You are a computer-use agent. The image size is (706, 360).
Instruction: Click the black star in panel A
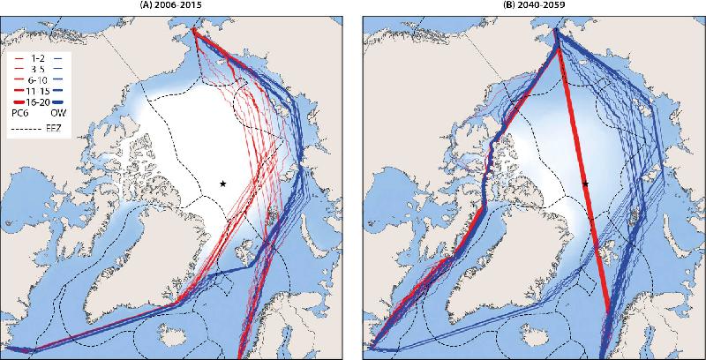(223, 183)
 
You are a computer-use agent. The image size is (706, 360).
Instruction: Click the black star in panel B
(585, 183)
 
